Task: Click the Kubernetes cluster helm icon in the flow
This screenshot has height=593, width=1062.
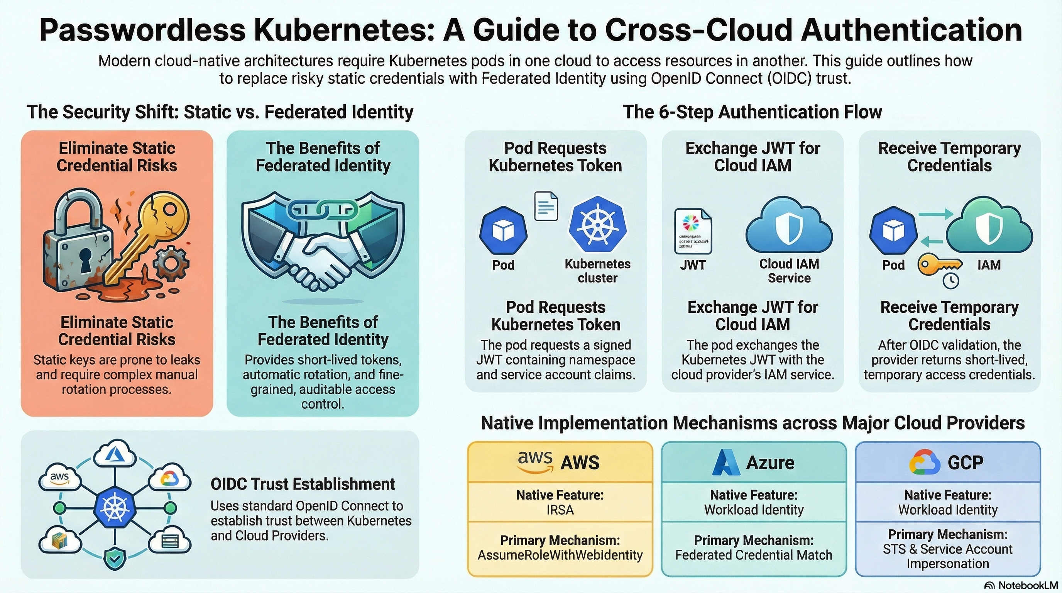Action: [x=597, y=225]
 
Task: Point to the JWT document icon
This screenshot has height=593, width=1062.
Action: [x=693, y=231]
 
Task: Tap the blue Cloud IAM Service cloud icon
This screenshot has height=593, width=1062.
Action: [x=789, y=226]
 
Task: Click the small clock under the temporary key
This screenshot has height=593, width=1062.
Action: [x=951, y=281]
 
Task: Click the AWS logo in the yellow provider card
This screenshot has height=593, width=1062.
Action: [x=535, y=461]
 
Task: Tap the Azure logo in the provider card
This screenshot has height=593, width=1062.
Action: [x=725, y=462]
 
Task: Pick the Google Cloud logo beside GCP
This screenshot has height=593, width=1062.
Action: [x=925, y=462]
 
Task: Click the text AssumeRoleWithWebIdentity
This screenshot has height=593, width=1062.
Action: [x=560, y=555]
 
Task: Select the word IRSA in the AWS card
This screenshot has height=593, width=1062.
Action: [x=560, y=510]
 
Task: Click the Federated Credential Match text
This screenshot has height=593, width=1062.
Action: [x=754, y=555]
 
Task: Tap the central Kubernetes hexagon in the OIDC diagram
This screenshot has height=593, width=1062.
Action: [x=114, y=507]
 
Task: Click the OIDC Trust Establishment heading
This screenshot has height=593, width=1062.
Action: [x=303, y=484]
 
